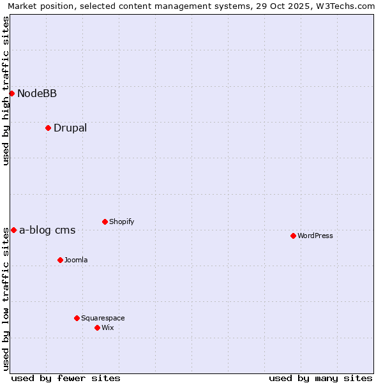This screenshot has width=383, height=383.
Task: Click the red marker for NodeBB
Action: click(x=11, y=93)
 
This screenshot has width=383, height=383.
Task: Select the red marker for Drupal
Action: click(x=48, y=128)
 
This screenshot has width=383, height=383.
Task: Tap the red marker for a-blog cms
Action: click(x=13, y=230)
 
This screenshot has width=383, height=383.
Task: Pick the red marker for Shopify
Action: click(x=105, y=222)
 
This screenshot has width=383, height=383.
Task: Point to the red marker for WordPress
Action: click(x=293, y=236)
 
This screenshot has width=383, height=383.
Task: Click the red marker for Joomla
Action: click(x=60, y=260)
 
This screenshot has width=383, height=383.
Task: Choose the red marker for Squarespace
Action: click(x=77, y=318)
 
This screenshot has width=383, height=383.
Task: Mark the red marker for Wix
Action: click(x=97, y=327)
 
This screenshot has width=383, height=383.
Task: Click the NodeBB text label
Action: click(x=37, y=94)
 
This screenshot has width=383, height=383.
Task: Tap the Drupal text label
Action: click(x=70, y=128)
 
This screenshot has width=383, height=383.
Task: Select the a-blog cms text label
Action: click(x=47, y=230)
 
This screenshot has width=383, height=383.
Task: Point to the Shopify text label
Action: click(x=121, y=222)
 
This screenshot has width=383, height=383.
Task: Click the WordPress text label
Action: click(x=315, y=236)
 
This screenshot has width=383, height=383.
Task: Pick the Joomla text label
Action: click(x=76, y=260)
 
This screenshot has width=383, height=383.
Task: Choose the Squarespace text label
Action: click(x=103, y=319)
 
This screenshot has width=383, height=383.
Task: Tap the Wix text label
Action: click(x=108, y=328)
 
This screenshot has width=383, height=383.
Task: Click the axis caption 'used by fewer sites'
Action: click(x=66, y=378)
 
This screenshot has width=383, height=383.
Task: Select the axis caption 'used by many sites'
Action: click(x=320, y=378)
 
